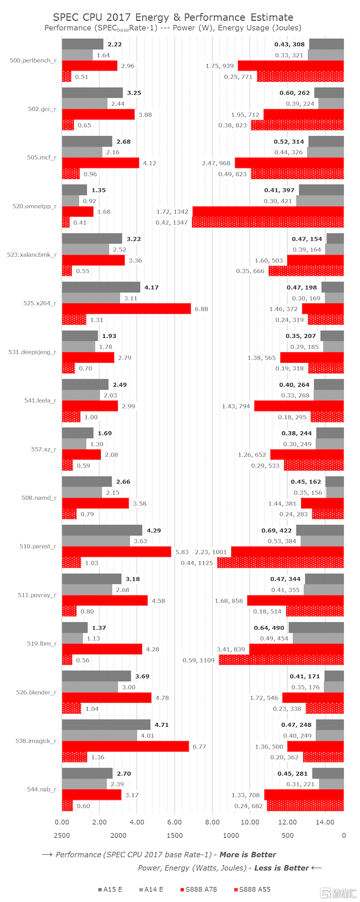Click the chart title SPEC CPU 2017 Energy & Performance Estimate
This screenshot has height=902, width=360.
(173, 18)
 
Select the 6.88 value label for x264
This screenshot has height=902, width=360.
(201, 309)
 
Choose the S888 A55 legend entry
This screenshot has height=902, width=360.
(254, 889)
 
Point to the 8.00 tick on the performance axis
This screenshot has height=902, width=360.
(212, 822)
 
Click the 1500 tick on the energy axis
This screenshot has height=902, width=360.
(175, 836)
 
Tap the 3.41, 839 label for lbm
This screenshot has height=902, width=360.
(231, 649)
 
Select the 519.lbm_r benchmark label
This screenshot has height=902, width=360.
(41, 643)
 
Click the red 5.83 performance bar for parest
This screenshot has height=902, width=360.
(116, 552)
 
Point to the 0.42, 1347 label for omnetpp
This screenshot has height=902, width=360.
(172, 223)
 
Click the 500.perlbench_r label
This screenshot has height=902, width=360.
(33, 61)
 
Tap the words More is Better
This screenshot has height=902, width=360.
(247, 855)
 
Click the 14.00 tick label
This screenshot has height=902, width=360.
(325, 822)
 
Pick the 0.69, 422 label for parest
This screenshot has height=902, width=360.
(277, 530)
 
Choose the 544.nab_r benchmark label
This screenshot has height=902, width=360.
(41, 789)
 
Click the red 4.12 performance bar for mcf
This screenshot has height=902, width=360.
(100, 163)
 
